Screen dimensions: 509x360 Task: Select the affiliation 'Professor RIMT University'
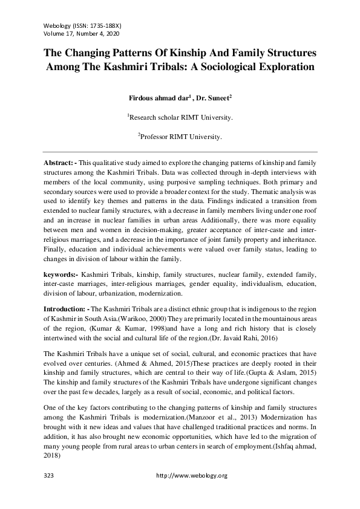click(x=180, y=137)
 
